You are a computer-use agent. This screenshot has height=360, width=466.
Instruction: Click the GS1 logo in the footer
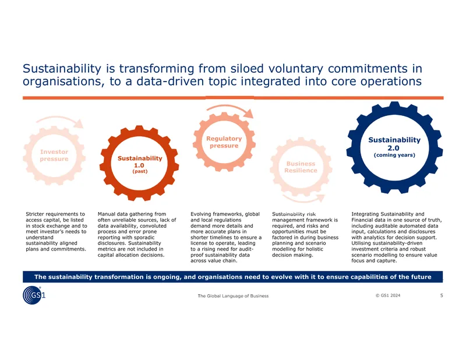(x=34, y=295)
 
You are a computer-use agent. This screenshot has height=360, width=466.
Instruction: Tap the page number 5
(x=442, y=295)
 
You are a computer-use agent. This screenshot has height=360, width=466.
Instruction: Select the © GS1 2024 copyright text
(x=388, y=295)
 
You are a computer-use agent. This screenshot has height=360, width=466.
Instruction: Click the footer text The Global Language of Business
(x=233, y=296)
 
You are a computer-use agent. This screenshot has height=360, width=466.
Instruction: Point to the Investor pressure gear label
(x=54, y=155)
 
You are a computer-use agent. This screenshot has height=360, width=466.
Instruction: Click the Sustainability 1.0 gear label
(x=140, y=162)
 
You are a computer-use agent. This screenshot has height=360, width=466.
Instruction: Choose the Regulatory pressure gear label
(x=224, y=142)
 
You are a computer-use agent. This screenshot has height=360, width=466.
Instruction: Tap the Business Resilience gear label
(x=301, y=167)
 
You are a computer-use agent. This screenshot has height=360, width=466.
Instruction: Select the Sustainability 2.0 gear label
(x=394, y=144)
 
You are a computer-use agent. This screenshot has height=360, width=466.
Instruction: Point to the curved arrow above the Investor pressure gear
(x=59, y=118)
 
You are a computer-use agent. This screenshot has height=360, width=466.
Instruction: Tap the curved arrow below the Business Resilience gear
(x=303, y=200)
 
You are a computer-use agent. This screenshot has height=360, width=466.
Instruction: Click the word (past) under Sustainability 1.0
(x=140, y=171)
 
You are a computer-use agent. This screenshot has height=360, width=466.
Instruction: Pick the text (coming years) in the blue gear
(x=394, y=155)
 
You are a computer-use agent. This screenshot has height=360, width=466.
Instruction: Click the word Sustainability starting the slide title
(x=62, y=69)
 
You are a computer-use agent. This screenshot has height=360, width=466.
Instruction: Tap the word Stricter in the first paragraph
(x=34, y=214)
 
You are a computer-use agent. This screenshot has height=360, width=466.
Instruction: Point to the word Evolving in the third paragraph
(x=200, y=214)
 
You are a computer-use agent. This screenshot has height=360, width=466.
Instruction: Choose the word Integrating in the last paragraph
(x=365, y=214)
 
